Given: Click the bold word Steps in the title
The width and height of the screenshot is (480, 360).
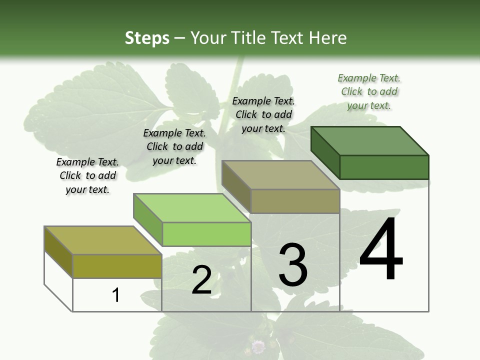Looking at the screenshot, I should tap(147, 38).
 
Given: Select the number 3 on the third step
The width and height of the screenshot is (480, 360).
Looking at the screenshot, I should tap(292, 264).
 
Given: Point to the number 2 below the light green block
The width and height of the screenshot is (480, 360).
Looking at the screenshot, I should tap(201, 280).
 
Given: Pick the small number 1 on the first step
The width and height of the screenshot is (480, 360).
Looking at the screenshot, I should tap(116, 295).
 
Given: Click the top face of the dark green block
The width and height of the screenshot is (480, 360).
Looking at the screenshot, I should tap(370, 141).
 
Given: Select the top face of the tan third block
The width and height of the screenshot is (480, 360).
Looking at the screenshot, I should tap(280, 175).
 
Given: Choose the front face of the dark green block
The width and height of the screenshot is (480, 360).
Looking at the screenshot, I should tap(384, 167).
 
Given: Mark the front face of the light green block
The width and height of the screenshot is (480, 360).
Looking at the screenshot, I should tap(206, 234).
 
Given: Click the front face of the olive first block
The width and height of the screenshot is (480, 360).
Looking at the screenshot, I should tap(117, 266).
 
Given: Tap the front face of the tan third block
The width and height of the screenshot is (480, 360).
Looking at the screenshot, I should tap(295, 201).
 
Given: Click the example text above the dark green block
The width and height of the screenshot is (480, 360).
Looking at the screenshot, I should tap(369, 92).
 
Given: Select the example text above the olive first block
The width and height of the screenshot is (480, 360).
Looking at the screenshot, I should tap(87, 176).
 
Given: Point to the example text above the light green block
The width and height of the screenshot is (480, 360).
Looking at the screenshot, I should tap(174, 146).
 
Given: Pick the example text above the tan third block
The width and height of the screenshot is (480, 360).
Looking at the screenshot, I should tap(263, 114).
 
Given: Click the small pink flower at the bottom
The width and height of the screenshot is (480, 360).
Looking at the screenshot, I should tap(258, 346).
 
